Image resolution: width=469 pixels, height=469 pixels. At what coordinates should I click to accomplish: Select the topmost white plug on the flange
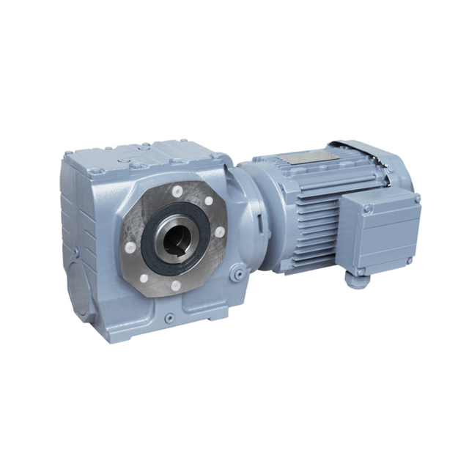click(x=177, y=191)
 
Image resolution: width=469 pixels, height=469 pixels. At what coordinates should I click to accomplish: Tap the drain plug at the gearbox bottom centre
click(x=170, y=317)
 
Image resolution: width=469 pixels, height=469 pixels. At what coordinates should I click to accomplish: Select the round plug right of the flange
click(x=236, y=273)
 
